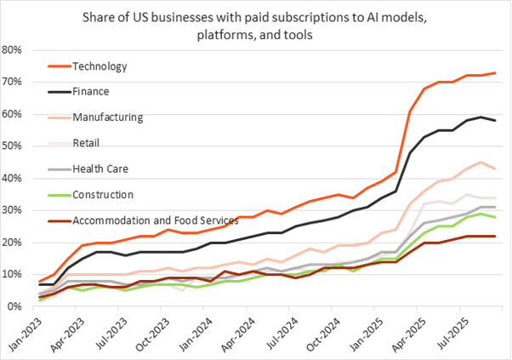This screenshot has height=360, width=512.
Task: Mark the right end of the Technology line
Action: tap(496, 73)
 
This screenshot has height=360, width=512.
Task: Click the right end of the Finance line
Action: tap(496, 121)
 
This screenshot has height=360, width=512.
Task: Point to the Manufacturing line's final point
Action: tap(496, 169)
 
